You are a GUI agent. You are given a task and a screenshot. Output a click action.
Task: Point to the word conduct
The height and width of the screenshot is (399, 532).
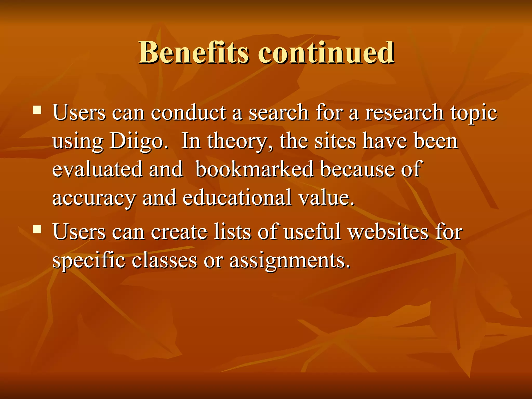pyautogui.click(x=189, y=113)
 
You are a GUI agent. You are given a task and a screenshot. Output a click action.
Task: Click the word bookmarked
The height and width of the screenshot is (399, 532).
pyautogui.click(x=254, y=169)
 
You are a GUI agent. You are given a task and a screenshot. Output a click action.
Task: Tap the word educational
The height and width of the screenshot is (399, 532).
pyautogui.click(x=237, y=197)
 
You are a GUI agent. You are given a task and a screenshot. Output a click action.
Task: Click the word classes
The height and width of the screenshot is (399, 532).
pyautogui.click(x=164, y=260)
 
